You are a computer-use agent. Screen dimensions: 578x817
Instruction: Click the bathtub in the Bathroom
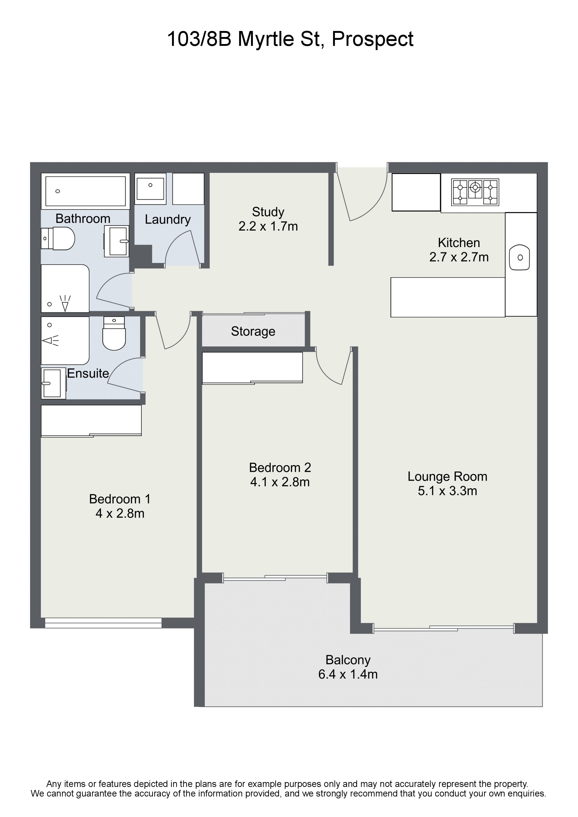click(x=86, y=191)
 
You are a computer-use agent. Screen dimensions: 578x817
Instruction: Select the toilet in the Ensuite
click(x=114, y=334)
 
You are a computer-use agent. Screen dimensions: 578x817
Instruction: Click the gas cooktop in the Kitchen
click(x=475, y=192)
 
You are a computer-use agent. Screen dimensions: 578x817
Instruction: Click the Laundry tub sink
click(x=151, y=189)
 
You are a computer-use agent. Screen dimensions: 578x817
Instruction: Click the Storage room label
click(x=253, y=331)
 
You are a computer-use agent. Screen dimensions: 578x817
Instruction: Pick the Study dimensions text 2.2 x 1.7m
click(x=268, y=226)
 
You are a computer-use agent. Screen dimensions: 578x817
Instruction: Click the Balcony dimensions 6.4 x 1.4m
click(x=348, y=674)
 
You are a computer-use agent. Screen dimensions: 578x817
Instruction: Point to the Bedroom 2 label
click(x=280, y=468)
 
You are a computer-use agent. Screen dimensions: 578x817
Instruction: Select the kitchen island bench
click(x=448, y=297)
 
